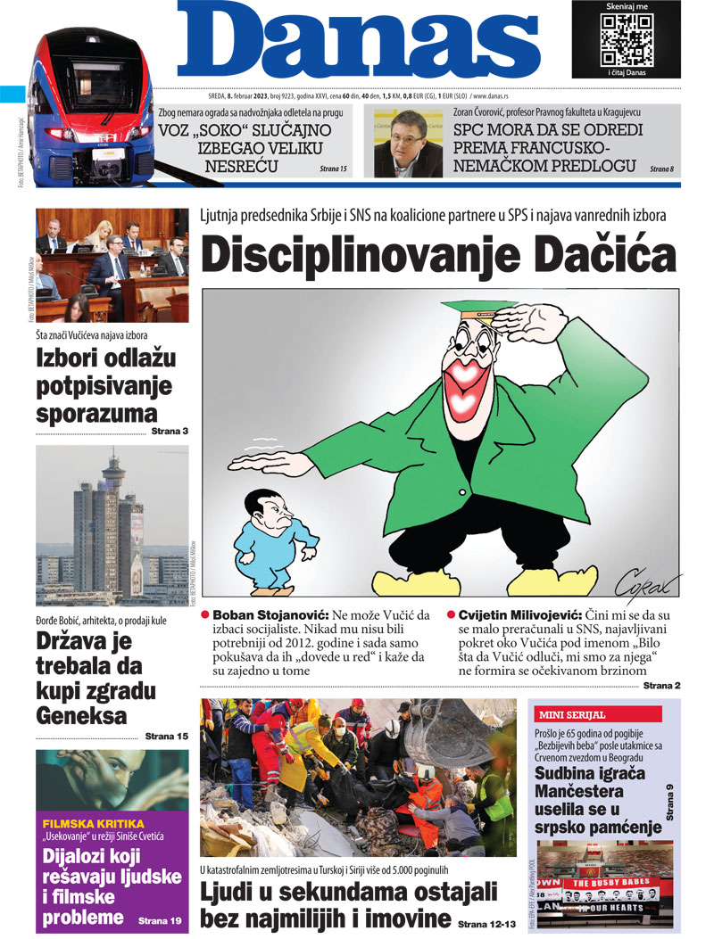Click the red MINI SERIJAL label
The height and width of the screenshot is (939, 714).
(572, 714)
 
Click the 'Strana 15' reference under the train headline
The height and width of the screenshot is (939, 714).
(333, 168)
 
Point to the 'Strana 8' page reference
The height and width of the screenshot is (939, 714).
(661, 168)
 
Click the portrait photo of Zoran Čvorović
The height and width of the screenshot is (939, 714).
(408, 145)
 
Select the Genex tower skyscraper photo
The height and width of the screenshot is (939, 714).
(112, 526)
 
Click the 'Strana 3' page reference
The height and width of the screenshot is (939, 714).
(170, 432)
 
